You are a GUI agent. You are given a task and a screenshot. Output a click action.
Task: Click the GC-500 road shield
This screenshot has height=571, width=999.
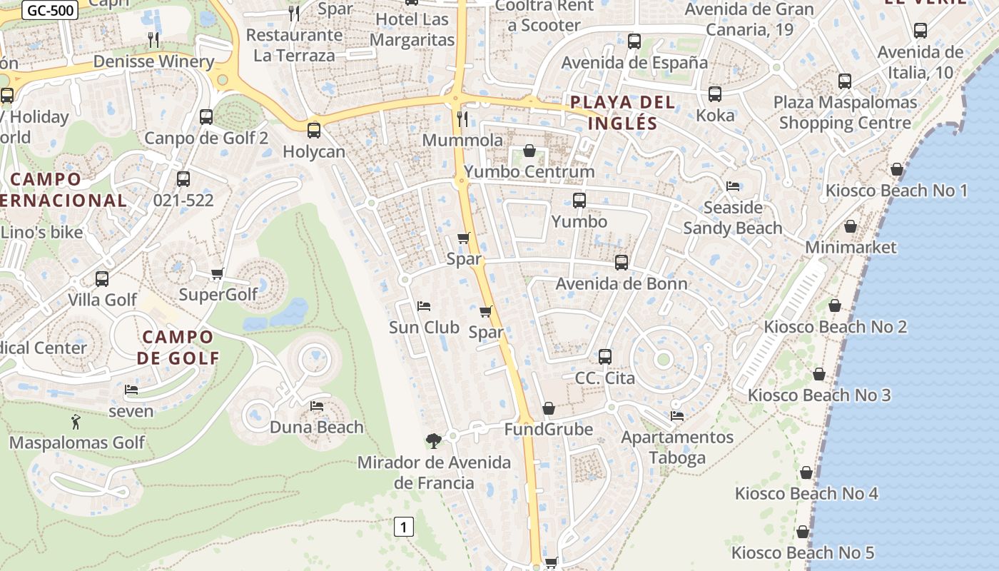pyautogui.click(x=50, y=10)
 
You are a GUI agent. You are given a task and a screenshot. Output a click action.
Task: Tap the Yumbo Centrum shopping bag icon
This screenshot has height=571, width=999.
pyautogui.click(x=529, y=151)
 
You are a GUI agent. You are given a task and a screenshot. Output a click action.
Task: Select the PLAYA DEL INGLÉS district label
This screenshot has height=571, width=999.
pyautogui.click(x=622, y=113)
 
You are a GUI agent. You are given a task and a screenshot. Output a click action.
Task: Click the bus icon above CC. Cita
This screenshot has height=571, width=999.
pyautogui.click(x=605, y=356)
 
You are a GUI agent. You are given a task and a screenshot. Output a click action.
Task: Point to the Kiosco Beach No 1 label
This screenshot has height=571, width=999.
pyautogui.click(x=896, y=191)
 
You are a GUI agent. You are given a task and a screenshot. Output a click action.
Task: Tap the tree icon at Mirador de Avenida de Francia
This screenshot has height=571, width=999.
pyautogui.click(x=433, y=440)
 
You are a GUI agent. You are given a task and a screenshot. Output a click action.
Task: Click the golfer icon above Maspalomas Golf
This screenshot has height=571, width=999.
pyautogui.click(x=76, y=422)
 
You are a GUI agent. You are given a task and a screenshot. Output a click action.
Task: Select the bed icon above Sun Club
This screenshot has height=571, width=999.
pyautogui.click(x=424, y=306)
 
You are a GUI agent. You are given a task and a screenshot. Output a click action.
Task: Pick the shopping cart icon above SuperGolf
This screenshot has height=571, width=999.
pyautogui.click(x=218, y=273)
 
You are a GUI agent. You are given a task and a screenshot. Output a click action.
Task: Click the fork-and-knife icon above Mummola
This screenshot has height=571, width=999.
pyautogui.click(x=462, y=118)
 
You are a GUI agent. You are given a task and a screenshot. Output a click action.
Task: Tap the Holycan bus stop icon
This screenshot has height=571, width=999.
pyautogui.click(x=314, y=131)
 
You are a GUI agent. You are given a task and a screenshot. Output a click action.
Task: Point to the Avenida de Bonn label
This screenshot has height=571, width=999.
pyautogui.click(x=622, y=283)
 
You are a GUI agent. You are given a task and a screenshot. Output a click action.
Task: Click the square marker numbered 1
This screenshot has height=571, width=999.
pyautogui.click(x=404, y=527)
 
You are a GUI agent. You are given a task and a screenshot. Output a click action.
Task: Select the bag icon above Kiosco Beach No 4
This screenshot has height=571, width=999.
pyautogui.click(x=806, y=473)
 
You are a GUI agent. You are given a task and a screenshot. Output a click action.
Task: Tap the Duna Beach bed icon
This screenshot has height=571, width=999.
pyautogui.click(x=317, y=406)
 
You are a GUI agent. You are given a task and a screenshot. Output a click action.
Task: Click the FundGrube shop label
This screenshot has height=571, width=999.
pyautogui.click(x=548, y=430)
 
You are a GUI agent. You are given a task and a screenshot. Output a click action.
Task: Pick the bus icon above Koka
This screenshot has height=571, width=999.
pyautogui.click(x=715, y=94)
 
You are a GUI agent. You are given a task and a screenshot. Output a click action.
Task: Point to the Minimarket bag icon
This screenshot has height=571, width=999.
pyautogui.click(x=851, y=226)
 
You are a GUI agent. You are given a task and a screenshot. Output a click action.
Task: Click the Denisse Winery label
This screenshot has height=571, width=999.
pyautogui.click(x=153, y=61)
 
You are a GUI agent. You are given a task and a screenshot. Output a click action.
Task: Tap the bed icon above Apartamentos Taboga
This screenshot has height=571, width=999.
pyautogui.click(x=677, y=415)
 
